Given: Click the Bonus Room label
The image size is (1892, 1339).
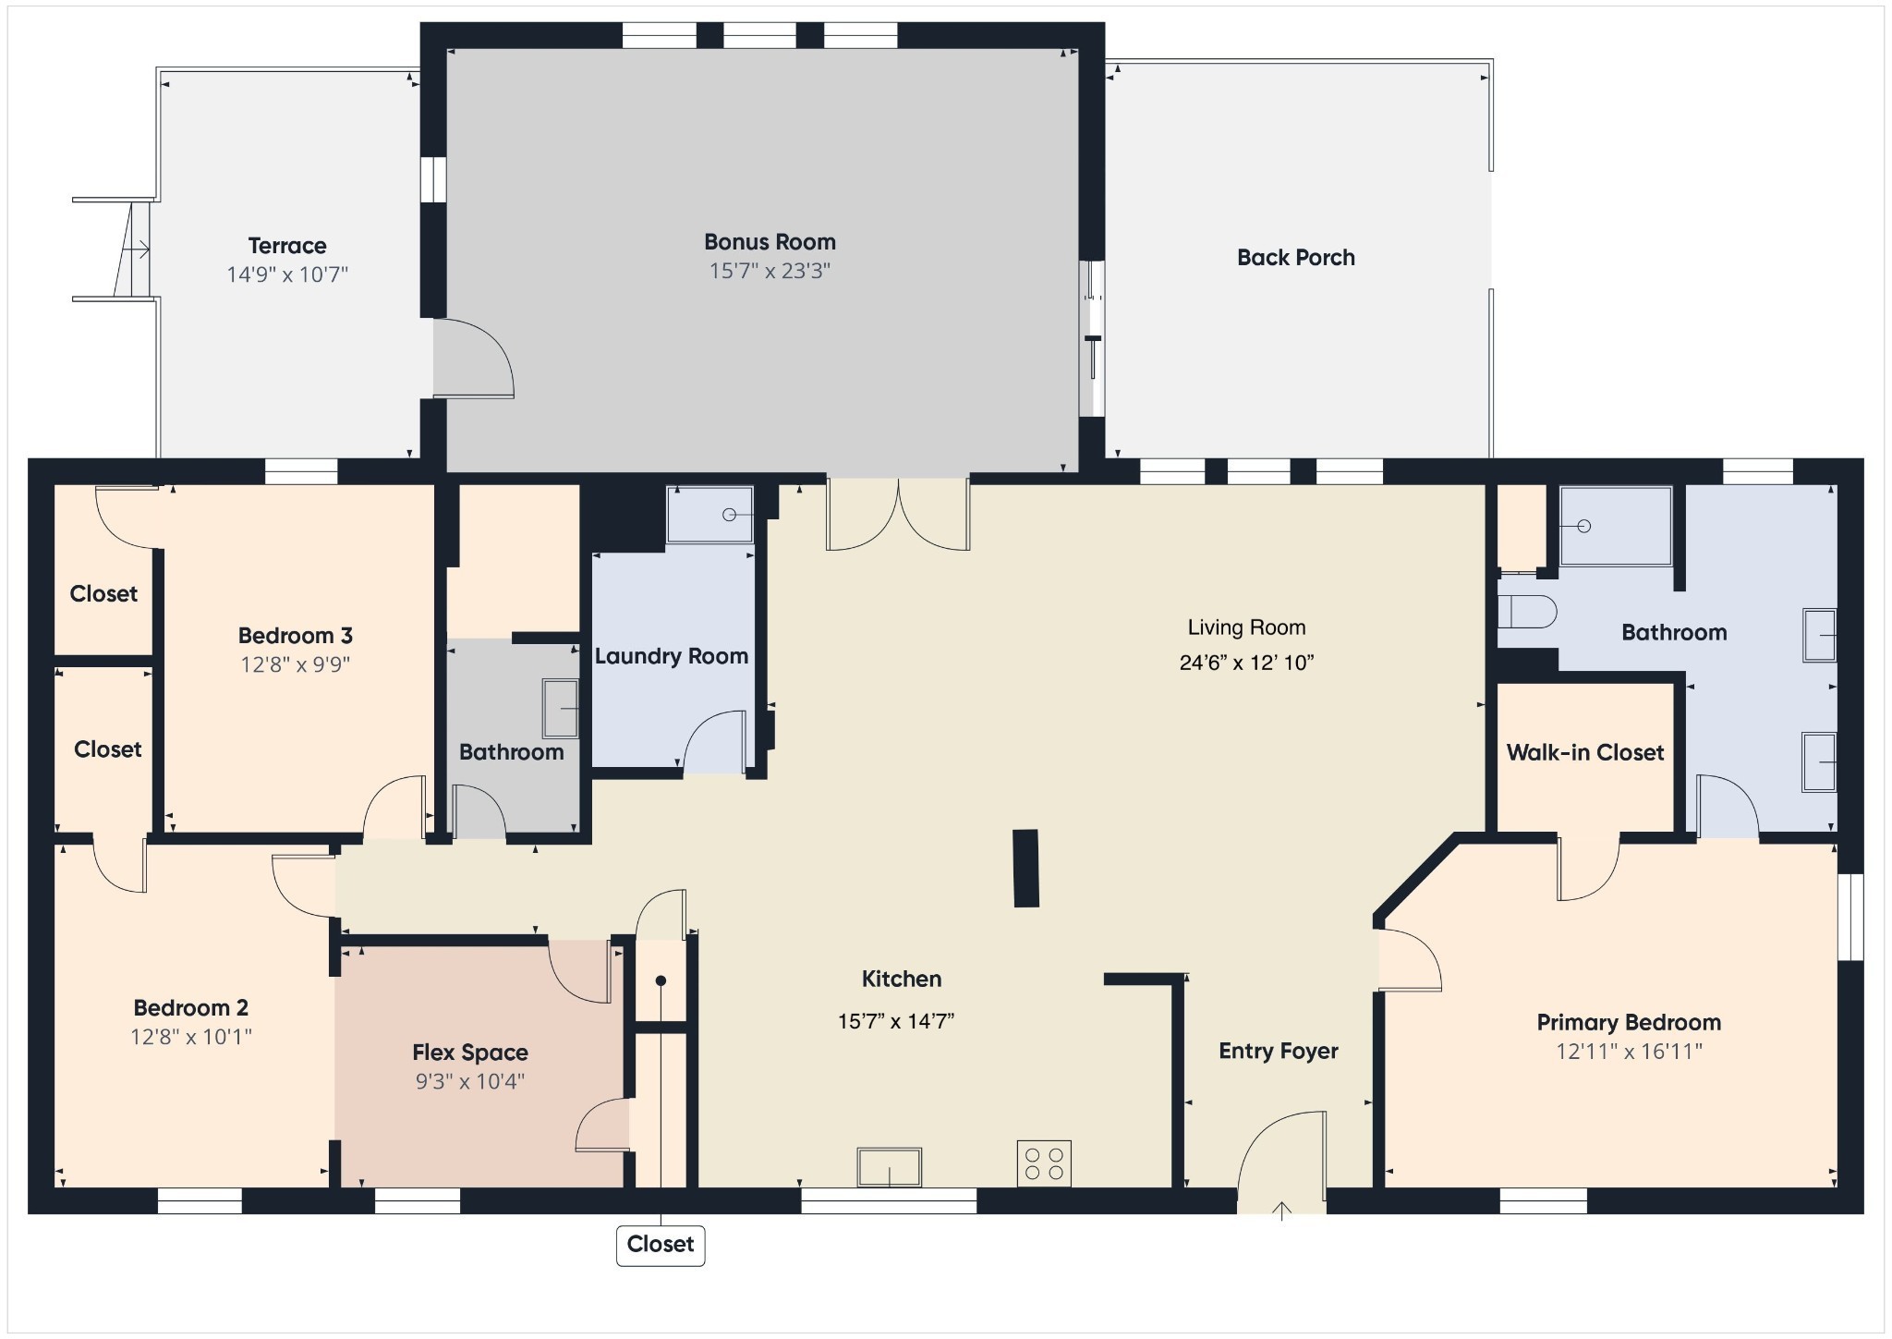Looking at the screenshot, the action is (770, 242).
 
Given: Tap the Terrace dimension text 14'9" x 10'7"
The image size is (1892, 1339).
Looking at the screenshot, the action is (287, 274).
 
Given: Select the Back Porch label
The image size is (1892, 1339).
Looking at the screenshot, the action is (1296, 258).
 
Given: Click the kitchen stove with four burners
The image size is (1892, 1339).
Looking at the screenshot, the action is (1044, 1163).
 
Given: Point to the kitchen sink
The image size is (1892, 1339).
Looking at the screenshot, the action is (889, 1167).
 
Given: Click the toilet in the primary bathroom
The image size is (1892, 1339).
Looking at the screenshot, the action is (1526, 612).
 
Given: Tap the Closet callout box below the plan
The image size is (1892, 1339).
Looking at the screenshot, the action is (661, 1245).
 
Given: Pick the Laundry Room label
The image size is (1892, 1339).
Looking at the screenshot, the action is (672, 656).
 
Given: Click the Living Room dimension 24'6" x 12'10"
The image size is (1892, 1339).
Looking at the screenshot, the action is (1246, 663).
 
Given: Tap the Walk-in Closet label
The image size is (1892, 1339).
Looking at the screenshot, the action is (1585, 752).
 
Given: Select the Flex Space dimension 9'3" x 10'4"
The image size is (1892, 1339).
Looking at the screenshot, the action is (470, 1081).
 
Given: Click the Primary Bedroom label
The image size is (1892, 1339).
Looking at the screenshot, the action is (1629, 1022).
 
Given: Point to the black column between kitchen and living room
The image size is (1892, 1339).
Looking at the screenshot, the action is (1026, 868).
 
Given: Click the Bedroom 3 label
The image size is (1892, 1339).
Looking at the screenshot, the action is (296, 636).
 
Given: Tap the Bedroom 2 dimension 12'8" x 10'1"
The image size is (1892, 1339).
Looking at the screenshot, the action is (191, 1037).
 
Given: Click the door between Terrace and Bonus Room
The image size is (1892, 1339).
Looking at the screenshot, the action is (473, 359).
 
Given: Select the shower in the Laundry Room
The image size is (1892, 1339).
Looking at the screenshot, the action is (709, 515).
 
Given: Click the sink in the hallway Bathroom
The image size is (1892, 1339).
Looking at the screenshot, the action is (561, 709).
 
